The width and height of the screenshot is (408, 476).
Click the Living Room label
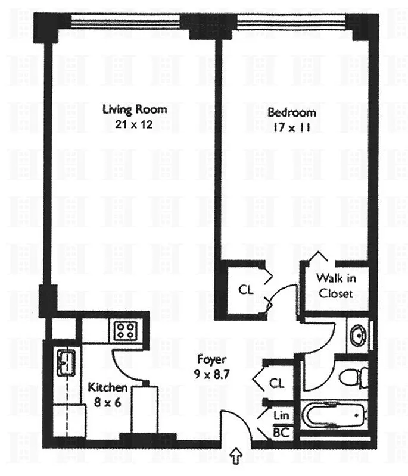(x=135, y=109)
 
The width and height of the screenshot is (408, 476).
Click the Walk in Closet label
(x=335, y=285)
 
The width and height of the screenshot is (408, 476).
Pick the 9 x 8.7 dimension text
(x=211, y=375)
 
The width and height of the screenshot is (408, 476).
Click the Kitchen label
(x=107, y=387)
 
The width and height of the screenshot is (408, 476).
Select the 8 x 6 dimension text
(x=107, y=402)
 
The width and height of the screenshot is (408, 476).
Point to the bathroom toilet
(x=354, y=376)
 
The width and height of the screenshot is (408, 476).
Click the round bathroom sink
(x=358, y=334)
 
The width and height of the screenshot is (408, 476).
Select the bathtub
(x=334, y=414)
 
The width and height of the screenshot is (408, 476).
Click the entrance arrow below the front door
(x=236, y=456)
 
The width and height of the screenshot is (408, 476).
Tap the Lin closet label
(x=281, y=415)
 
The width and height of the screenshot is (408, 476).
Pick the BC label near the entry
(x=281, y=433)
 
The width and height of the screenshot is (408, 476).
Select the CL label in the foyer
(x=276, y=381)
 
